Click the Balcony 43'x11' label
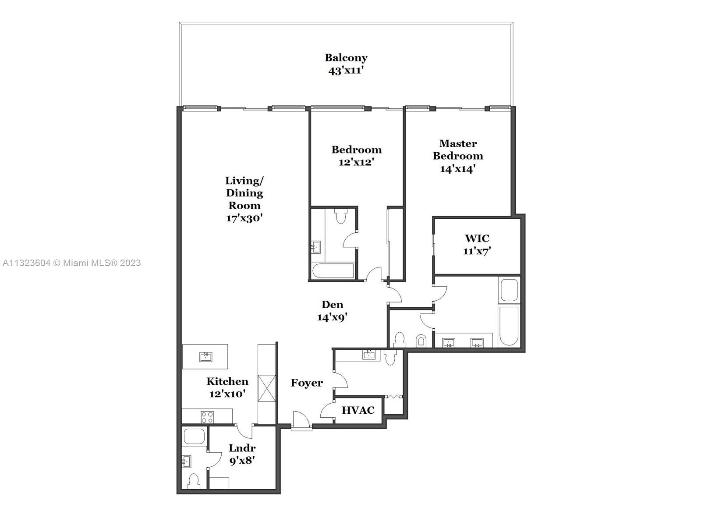click(346, 64)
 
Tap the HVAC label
click(358, 410)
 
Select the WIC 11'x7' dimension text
click(477, 251)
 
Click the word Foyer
click(307, 383)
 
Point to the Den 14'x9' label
click(332, 311)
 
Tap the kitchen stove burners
click(207, 416)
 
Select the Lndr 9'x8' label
click(242, 454)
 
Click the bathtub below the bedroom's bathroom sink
click(333, 271)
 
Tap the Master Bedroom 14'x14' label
click(458, 156)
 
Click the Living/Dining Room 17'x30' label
click(244, 199)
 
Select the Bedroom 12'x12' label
click(356, 156)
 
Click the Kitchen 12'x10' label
click(227, 387)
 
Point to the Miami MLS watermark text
click(71, 263)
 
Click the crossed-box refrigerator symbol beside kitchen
click(267, 388)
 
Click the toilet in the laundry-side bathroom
click(193, 481)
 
